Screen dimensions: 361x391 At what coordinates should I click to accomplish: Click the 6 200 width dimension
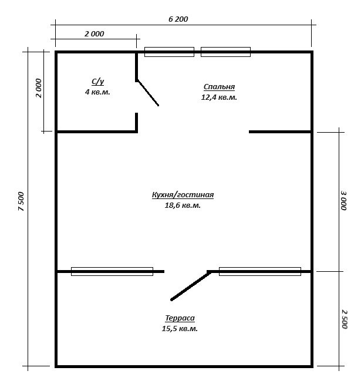[178, 19]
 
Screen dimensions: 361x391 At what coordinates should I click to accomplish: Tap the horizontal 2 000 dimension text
[94, 33]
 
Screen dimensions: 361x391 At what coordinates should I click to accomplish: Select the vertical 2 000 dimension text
[39, 88]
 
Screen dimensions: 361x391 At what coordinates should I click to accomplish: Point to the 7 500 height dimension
[21, 201]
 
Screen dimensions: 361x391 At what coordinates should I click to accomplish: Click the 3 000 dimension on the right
[344, 200]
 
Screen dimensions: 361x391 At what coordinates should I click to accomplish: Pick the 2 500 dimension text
[345, 319]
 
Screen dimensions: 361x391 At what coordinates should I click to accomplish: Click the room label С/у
[97, 81]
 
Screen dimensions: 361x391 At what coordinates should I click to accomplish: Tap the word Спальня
[219, 86]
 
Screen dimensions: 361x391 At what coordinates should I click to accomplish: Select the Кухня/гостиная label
[183, 194]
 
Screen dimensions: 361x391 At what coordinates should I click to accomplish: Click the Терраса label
[180, 318]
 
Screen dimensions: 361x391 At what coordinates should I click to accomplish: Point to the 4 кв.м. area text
[97, 92]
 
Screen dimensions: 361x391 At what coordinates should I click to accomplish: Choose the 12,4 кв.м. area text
[219, 97]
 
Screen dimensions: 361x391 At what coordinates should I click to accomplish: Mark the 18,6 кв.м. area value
[183, 205]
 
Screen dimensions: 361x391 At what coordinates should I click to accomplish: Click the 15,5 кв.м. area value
[180, 329]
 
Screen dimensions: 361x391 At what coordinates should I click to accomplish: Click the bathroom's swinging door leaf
[148, 93]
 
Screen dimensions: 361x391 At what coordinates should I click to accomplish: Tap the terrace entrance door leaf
[191, 286]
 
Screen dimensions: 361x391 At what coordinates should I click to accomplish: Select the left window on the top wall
[169, 52]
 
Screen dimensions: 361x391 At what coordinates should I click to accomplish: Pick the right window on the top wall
[225, 52]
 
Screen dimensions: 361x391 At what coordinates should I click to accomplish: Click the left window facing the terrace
[112, 271]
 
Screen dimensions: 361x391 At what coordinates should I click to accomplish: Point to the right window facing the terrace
[260, 271]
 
